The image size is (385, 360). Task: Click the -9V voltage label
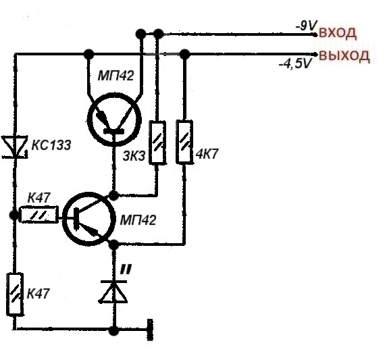306,25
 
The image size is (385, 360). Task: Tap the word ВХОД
337,33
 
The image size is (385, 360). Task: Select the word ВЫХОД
344,56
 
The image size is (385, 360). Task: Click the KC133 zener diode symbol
15,147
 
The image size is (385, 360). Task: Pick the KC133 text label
51,145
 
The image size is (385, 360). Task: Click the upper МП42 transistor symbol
114,120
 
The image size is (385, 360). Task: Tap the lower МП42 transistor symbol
88,219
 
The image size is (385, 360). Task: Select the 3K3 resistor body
157,143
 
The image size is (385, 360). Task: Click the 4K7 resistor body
184,142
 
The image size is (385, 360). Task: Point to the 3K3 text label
134,156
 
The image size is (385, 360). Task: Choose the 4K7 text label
207,154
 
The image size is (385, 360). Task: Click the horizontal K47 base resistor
40,214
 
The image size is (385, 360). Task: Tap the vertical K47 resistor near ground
15,294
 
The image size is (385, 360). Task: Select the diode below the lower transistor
113,292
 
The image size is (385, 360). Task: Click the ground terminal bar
150,330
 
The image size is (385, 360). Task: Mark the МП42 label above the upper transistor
116,76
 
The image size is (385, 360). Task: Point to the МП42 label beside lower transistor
138,220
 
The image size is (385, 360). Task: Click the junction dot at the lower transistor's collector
113,195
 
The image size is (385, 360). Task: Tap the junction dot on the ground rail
113,330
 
